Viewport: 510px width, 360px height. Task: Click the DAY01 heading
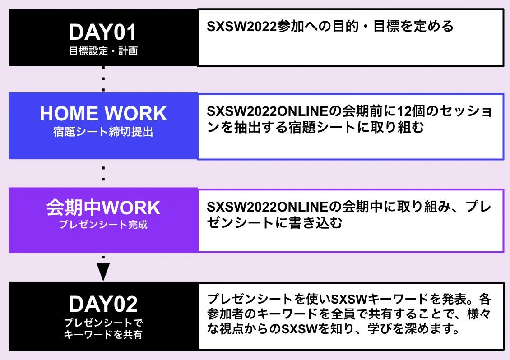103,32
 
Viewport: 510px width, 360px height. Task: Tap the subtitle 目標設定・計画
103,51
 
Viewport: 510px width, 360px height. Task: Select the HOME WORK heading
103,114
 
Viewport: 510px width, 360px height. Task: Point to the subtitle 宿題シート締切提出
103,133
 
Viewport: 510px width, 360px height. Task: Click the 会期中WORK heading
103,208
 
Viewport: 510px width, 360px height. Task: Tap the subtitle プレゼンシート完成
103,224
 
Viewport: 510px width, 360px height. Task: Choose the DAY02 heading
103,305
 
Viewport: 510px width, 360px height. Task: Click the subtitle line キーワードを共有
103,334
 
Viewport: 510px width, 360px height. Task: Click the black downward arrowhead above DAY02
103,272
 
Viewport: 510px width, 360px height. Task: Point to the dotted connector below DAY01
103,79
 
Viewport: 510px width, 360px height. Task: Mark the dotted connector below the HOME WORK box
103,173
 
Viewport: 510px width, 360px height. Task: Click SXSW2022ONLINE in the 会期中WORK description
267,207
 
